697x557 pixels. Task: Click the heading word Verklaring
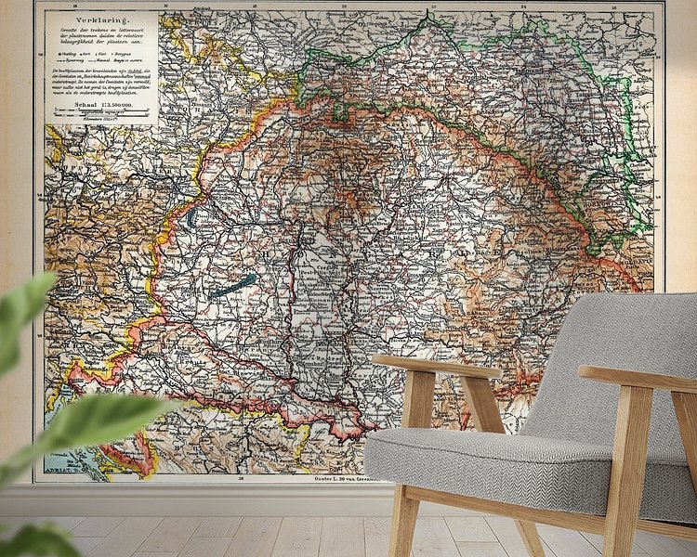[95, 17]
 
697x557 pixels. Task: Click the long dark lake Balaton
[232, 285]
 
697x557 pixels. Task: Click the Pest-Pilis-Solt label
[316, 278]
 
